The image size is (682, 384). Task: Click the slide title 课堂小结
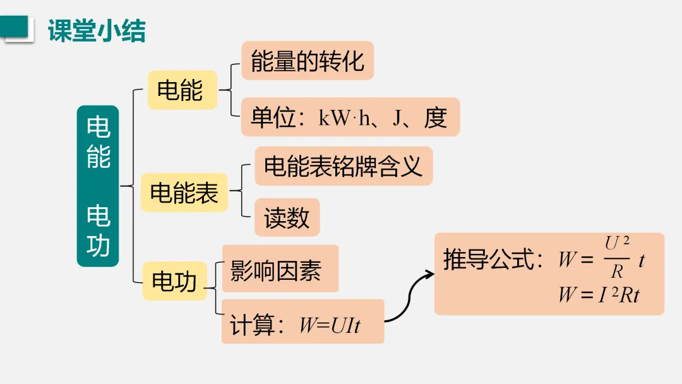97,30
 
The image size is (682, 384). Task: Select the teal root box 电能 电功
98,186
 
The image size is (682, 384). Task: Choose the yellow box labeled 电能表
184,192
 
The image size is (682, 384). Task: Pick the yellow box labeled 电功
174,281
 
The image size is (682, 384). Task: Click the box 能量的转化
308,61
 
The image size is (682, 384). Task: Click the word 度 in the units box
436,118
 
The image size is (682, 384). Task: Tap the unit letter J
397,118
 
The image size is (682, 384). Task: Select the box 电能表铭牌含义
343,166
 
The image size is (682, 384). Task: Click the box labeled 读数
287,217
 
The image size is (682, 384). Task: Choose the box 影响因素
276,270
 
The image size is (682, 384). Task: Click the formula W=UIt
330,325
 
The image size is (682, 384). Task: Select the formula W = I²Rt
599,294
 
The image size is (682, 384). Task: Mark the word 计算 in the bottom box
252,325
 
